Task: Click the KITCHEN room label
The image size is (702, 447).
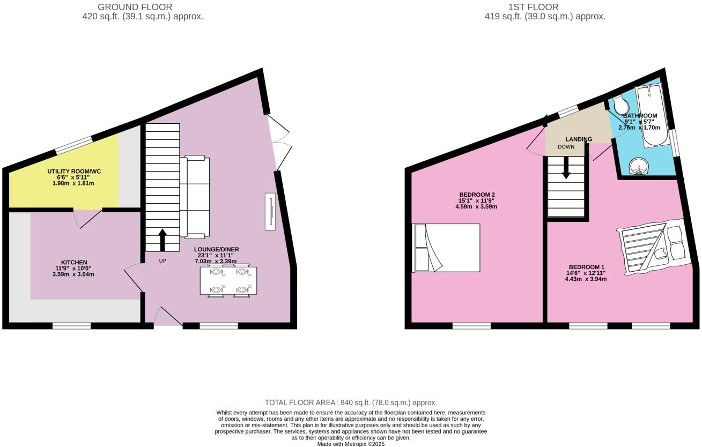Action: (74, 262)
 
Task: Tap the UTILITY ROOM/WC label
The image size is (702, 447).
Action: (74, 172)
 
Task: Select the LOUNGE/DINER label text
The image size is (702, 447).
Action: (216, 249)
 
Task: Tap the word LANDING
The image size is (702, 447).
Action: (579, 139)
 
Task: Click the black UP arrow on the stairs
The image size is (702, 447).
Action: (162, 240)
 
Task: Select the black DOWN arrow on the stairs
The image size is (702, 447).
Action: (566, 168)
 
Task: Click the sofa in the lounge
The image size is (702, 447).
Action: (195, 197)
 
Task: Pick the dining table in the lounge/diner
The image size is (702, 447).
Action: (228, 281)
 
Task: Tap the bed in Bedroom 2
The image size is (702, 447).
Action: (446, 248)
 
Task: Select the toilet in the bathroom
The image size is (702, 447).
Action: (618, 105)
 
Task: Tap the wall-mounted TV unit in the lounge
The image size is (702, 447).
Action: (270, 211)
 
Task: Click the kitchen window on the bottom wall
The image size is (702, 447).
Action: (71, 326)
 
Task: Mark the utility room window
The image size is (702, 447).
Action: (74, 145)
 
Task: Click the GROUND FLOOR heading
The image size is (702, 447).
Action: (135, 7)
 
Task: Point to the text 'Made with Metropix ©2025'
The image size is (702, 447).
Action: (351, 444)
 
